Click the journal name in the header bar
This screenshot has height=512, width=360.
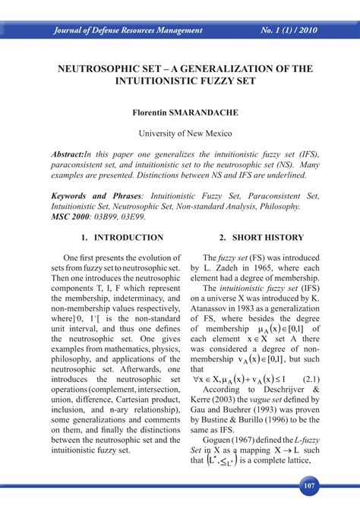point(128,31)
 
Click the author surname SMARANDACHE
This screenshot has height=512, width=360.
point(207,112)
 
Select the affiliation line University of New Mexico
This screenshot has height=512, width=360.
point(180,133)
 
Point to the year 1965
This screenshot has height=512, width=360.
point(258,269)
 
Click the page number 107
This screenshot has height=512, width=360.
point(308,485)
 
